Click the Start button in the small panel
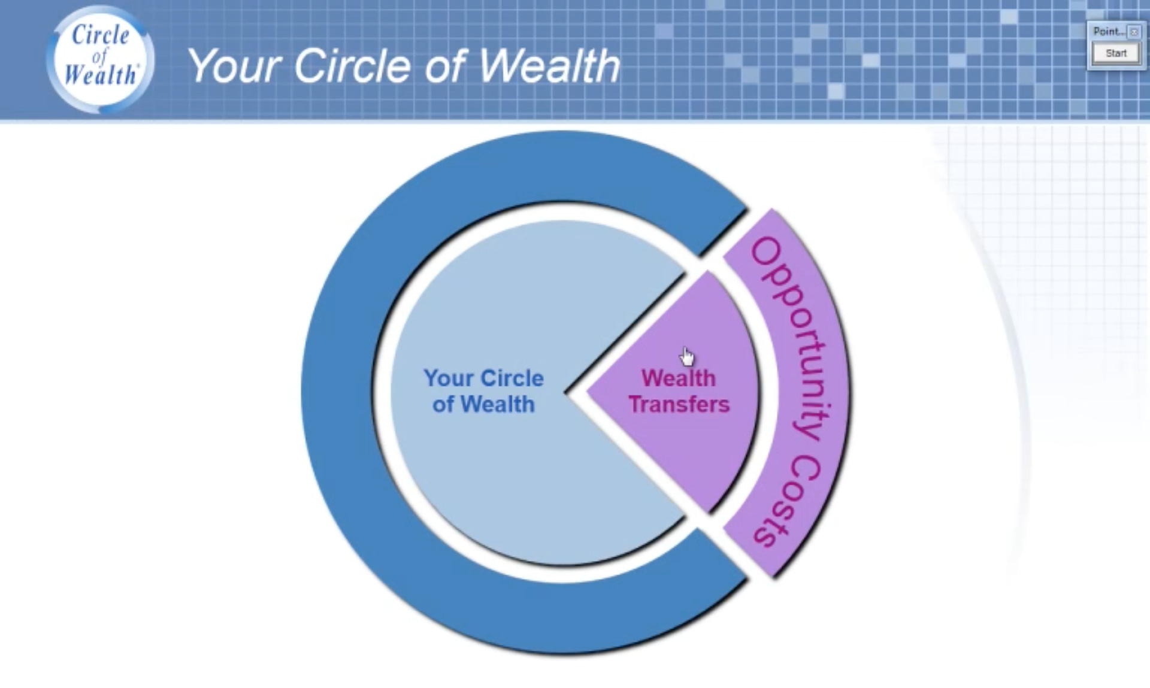(x=1116, y=53)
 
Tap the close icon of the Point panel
(x=1134, y=32)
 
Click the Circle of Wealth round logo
(x=101, y=59)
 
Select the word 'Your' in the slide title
(x=235, y=66)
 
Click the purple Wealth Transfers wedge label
(x=679, y=391)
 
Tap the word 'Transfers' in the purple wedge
(x=679, y=404)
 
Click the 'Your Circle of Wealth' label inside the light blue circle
(x=483, y=391)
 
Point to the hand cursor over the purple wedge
(x=687, y=356)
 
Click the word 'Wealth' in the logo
(x=101, y=75)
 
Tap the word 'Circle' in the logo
(x=100, y=35)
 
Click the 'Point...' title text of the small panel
(x=1109, y=32)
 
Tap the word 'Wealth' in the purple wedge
(x=679, y=378)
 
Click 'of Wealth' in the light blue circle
(x=483, y=404)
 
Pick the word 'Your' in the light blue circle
(x=449, y=378)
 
